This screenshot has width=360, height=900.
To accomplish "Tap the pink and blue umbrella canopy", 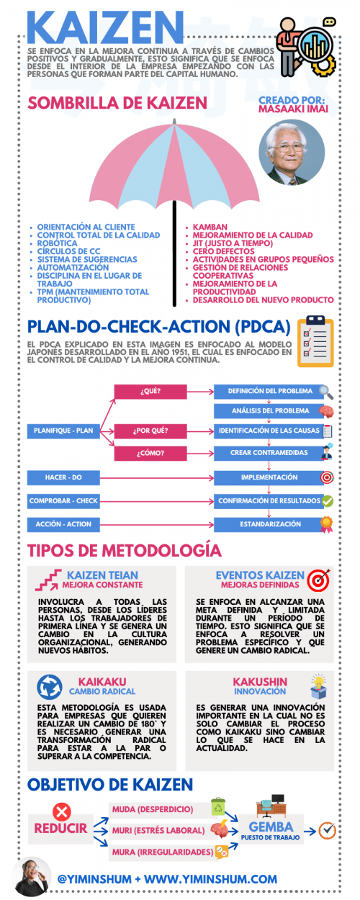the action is pos(174,169).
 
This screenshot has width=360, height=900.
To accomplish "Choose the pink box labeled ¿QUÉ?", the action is pos(150,392).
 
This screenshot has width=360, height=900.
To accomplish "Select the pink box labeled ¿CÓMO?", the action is pos(150,453).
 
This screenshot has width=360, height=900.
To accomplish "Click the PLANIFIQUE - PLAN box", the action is pos(63,431).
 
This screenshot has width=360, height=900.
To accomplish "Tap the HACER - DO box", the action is pos(63,477).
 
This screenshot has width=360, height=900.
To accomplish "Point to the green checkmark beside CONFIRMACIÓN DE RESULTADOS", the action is pos(327,500).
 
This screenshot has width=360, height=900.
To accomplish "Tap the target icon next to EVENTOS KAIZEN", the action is pos(318,580).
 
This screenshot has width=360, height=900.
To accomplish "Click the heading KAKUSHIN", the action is pos(259,681).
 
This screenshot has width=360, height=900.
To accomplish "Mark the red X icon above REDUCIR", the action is pos(62,811).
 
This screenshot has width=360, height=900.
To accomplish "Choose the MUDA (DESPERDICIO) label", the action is pos(153,809).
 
